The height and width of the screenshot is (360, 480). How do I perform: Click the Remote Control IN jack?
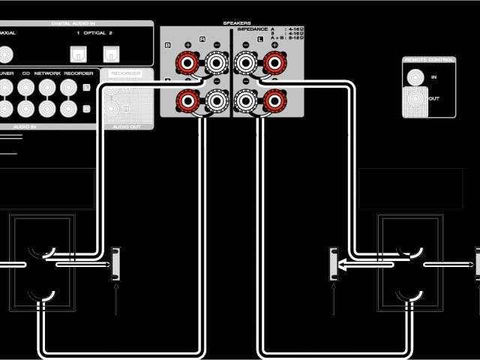point(414,76)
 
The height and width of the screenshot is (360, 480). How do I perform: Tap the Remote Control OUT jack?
point(414,99)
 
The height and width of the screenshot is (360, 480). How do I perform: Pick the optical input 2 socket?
point(110,53)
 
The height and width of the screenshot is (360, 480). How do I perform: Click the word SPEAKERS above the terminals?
point(237,23)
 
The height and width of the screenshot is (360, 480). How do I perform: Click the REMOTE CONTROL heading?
point(428,59)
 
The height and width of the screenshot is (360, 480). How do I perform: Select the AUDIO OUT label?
point(125,127)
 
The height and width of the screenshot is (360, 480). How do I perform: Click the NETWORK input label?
point(47,73)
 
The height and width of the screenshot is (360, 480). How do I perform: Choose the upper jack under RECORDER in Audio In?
point(69,88)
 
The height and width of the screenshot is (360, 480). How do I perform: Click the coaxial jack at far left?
point(6,53)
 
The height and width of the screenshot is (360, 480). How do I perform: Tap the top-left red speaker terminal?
point(185,62)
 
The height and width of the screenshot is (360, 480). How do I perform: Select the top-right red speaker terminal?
point(274,62)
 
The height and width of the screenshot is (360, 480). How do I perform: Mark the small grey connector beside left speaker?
point(116,263)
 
